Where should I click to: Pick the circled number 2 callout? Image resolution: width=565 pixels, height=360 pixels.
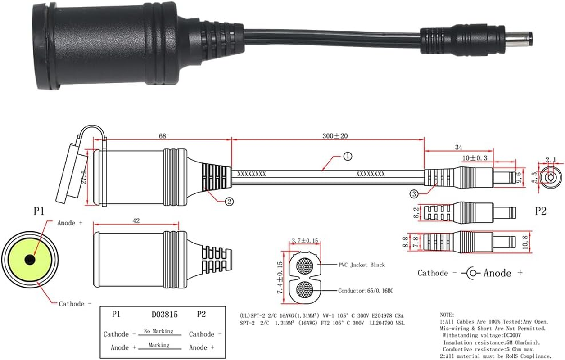pyautogui.click(x=229, y=202)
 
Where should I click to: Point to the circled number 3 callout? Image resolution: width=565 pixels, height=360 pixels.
pyautogui.click(x=414, y=194)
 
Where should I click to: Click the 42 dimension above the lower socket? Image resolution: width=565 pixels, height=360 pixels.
pyautogui.click(x=136, y=221)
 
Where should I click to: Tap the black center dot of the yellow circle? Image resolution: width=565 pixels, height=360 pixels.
pyautogui.click(x=30, y=260)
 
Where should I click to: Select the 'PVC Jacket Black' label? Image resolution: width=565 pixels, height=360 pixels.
pyautogui.click(x=361, y=265)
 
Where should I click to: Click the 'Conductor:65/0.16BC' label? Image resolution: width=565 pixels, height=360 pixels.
pyautogui.click(x=366, y=291)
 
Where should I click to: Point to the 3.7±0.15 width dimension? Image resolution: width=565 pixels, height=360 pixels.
pyautogui.click(x=305, y=241)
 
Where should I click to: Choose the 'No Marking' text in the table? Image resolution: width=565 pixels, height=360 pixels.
pyautogui.click(x=158, y=331)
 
